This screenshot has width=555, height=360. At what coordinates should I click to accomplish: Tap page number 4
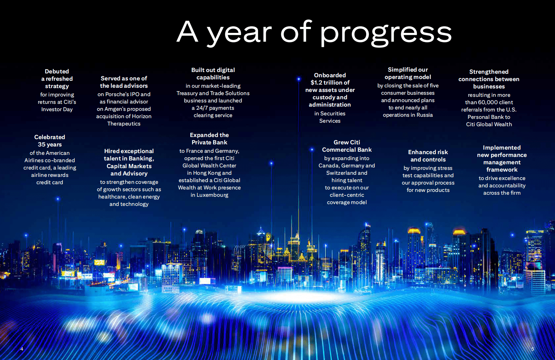(x=22, y=349)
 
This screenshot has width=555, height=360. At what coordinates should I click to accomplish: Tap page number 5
(x=533, y=349)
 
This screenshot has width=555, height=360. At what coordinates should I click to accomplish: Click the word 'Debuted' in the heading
(x=57, y=71)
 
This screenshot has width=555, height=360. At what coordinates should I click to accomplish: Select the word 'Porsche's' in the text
(x=117, y=94)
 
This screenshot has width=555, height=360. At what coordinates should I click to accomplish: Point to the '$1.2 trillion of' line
(x=330, y=82)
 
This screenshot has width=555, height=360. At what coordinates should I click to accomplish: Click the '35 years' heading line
(x=50, y=144)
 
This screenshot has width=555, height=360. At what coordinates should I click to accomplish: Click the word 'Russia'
(x=425, y=115)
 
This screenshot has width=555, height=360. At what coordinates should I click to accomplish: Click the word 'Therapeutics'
(x=124, y=123)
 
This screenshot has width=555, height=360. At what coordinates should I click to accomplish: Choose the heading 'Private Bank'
(x=209, y=142)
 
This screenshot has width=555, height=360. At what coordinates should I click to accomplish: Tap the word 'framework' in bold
(x=502, y=170)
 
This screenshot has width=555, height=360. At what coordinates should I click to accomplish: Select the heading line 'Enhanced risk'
(x=428, y=152)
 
